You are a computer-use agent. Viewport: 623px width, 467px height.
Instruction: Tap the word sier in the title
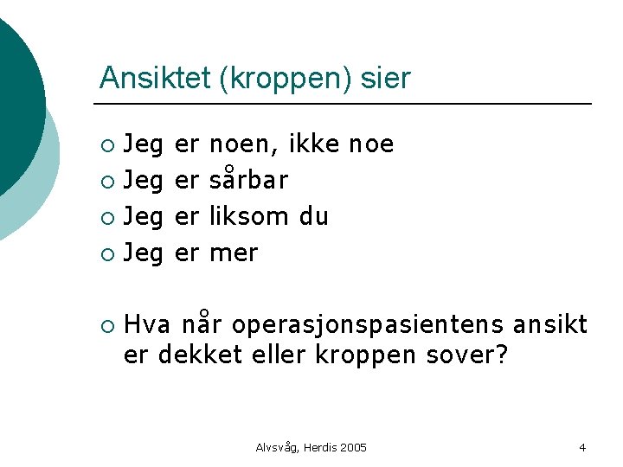(386, 78)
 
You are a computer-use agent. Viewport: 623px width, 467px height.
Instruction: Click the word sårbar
(248, 180)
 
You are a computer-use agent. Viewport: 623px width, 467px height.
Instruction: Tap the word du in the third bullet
(313, 216)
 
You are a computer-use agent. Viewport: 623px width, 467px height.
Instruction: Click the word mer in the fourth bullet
(234, 253)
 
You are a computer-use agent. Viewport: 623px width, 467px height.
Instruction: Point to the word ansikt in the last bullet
(550, 325)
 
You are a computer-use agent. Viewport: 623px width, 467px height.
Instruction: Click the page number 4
(582, 447)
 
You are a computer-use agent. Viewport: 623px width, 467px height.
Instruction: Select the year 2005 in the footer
(352, 447)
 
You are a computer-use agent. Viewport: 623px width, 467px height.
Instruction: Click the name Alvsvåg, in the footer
(279, 447)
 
